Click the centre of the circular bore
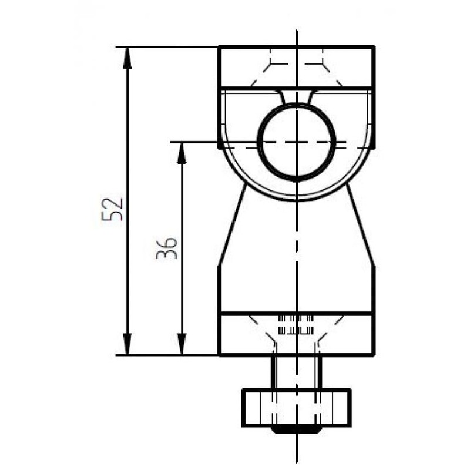click(297, 142)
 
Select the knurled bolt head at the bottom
click(297, 407)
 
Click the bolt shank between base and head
click(297, 372)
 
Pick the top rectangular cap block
click(297, 66)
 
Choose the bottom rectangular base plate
click(297, 334)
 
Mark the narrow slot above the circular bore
click(297, 96)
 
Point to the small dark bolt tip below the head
click(296, 430)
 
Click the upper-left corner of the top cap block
click(220, 46)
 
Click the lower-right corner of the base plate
click(374, 355)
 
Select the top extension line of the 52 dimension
click(167, 46)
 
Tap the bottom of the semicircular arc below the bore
click(297, 199)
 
